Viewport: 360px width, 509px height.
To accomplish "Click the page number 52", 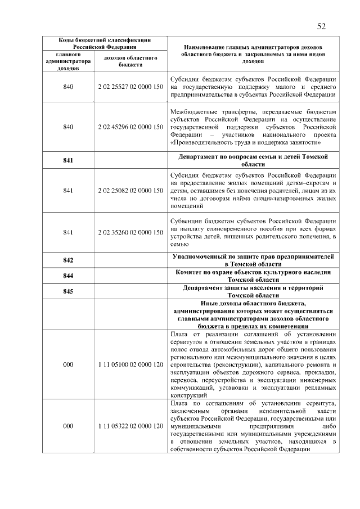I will click(x=321, y=26).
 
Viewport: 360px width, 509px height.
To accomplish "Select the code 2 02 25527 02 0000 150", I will click(x=130, y=87).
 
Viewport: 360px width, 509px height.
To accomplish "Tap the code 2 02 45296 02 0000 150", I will click(x=130, y=127).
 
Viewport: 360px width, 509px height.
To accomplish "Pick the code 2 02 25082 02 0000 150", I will click(x=130, y=191).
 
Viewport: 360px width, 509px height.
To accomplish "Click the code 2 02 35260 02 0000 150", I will click(x=130, y=232).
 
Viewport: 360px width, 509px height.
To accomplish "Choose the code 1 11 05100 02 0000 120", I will click(x=130, y=365).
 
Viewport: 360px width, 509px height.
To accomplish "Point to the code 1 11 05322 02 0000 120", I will click(x=130, y=426).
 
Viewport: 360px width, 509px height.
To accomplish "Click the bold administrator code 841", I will click(x=68, y=161).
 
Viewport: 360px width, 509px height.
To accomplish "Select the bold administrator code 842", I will click(x=68, y=260).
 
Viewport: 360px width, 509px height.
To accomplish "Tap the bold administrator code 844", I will click(x=68, y=276).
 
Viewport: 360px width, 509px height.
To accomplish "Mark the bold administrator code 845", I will click(x=68, y=291).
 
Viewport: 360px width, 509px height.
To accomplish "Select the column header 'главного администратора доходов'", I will click(x=68, y=61).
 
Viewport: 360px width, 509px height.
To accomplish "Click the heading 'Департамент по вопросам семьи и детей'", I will click(x=253, y=160).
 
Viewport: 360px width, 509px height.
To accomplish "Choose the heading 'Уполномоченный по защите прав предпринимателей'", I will click(x=253, y=260).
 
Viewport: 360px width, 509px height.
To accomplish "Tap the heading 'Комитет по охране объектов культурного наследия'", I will click(x=253, y=276).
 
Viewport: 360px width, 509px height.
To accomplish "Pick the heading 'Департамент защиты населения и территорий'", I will click(x=253, y=291).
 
